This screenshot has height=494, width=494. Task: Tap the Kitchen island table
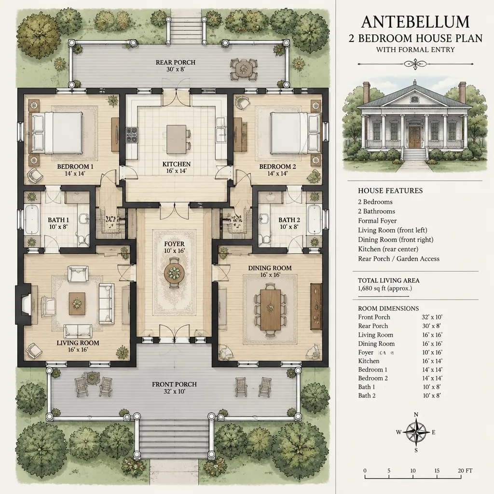[176, 139]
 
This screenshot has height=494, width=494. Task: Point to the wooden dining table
[270, 309]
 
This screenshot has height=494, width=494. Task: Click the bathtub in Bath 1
[31, 220]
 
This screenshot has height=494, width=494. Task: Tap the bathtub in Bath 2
[315, 220]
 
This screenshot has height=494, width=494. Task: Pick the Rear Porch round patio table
[243, 68]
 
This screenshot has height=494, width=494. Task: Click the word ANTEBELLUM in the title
[415, 22]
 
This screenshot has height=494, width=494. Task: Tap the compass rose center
[416, 432]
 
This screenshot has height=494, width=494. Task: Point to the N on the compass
[416, 414]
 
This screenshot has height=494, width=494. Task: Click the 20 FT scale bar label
[465, 471]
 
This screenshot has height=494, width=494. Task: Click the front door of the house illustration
[414, 137]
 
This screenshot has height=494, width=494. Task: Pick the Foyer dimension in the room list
[432, 353]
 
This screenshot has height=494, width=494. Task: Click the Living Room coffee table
[77, 303]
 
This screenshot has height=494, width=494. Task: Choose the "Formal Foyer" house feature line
[377, 221]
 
